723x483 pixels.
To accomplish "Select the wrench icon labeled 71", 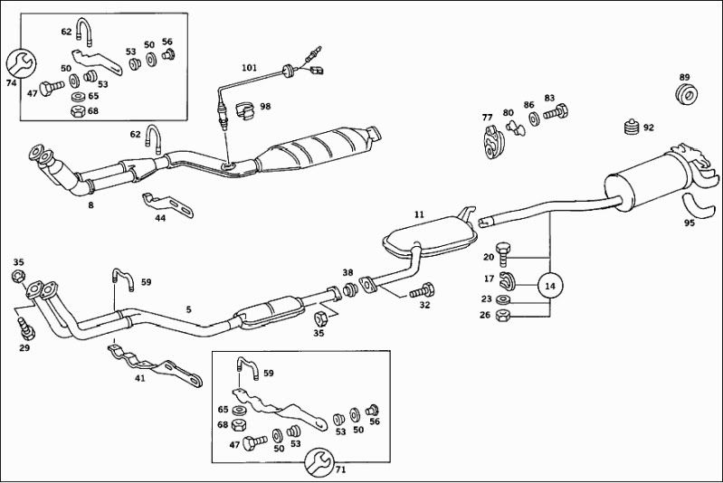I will coord(318,459).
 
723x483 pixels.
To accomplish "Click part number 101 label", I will coord(250,68).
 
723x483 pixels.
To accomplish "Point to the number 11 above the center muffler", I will coord(419,214).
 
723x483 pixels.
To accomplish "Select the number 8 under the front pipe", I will coord(90,206).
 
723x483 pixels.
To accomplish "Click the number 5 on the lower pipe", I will coord(189,310).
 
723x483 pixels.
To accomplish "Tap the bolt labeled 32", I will coord(422,292).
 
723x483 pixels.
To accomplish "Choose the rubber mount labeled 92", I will coord(632,128).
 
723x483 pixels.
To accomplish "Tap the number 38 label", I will coord(347,272).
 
